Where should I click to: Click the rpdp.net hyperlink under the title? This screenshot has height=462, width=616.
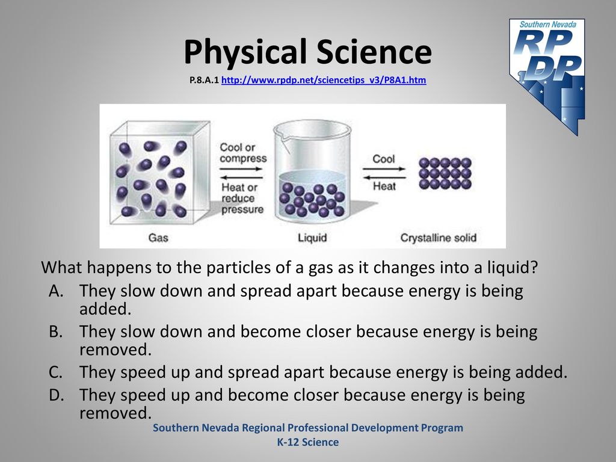tap(324, 80)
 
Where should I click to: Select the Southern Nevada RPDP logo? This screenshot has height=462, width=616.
tap(547, 76)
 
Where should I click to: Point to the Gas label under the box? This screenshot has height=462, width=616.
tap(158, 238)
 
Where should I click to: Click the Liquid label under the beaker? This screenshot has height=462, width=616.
tap(312, 238)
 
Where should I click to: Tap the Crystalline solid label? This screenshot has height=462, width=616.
tap(439, 238)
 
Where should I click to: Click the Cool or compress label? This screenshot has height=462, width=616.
tap(243, 153)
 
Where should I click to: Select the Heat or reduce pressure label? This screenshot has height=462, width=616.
tap(242, 199)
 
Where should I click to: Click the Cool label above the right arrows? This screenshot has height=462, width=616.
tap(383, 159)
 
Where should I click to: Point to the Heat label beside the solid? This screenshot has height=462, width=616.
tap(384, 186)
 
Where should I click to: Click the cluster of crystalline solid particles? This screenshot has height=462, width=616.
tap(445, 173)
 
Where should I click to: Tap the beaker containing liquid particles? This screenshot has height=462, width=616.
tap(312, 171)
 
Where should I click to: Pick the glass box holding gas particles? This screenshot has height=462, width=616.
tap(159, 173)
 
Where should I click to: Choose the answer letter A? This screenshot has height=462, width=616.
tap(56, 291)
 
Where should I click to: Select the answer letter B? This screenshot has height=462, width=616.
tap(56, 331)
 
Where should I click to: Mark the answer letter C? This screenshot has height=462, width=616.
tap(56, 372)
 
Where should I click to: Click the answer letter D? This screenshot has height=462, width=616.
tap(56, 395)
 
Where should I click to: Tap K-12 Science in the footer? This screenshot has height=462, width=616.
tap(308, 442)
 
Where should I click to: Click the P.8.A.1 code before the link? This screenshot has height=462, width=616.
tap(204, 80)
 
